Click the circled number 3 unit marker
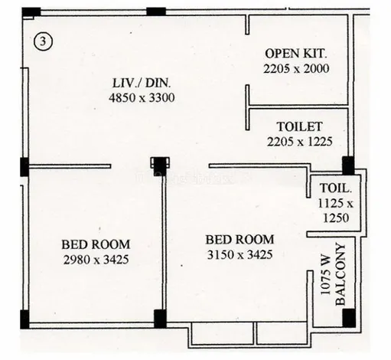tap(43, 41)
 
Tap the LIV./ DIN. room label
tap(142, 83)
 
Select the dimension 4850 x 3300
tap(142, 98)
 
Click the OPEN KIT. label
tap(296, 54)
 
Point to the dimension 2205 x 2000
tap(296, 69)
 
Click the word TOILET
tap(300, 126)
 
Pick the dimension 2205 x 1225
tap(300, 142)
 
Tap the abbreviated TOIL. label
tap(336, 188)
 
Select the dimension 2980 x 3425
tap(96, 260)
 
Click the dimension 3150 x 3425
tap(239, 254)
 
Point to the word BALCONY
tap(340, 274)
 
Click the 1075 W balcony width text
tap(325, 275)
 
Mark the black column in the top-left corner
tap(31, 12)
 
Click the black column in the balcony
tap(349, 318)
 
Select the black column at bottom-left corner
tap(24, 319)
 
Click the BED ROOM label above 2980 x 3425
tap(96, 244)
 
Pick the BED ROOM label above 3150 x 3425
tap(239, 240)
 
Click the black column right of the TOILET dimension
tap(348, 165)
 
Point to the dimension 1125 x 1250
tap(336, 211)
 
